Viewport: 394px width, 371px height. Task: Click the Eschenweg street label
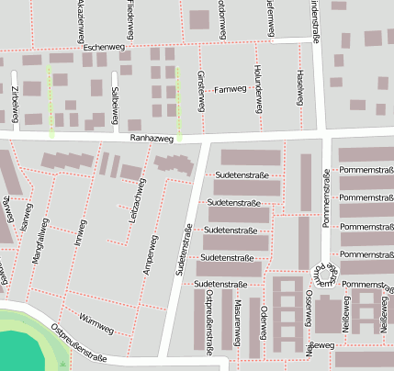(101, 45)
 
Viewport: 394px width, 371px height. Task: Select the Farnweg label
(230, 89)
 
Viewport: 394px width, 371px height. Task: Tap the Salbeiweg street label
(115, 99)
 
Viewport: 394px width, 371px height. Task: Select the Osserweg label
(309, 313)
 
